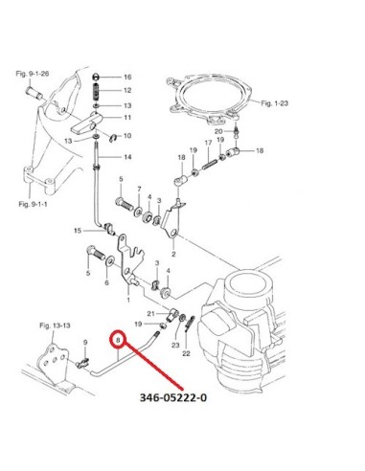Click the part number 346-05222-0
(x=173, y=397)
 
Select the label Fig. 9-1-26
(x=33, y=74)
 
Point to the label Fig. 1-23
(x=275, y=103)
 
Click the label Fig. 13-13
(x=55, y=325)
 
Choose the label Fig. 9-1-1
(x=33, y=204)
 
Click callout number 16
(x=127, y=77)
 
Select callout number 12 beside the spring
(x=127, y=90)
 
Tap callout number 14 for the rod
(x=127, y=157)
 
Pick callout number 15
(x=78, y=231)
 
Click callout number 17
(x=208, y=143)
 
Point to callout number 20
(x=218, y=131)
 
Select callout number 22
(x=186, y=353)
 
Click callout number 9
(x=85, y=343)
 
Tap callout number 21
(x=150, y=314)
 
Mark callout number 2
(x=173, y=255)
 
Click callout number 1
(x=128, y=300)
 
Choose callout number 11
(x=127, y=118)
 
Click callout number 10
(x=127, y=136)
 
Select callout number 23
(x=175, y=345)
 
